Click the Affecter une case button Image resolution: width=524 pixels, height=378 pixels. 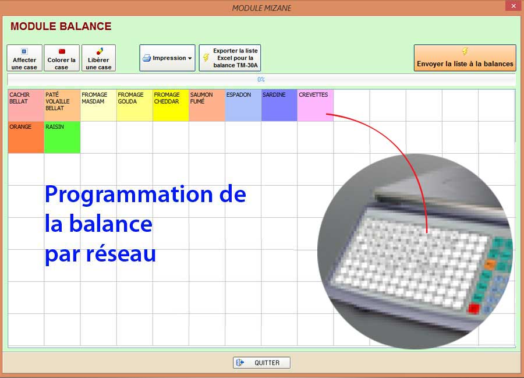pos(24,58)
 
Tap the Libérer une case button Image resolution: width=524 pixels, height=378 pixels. pos(98,58)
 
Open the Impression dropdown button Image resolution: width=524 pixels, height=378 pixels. pos(168,58)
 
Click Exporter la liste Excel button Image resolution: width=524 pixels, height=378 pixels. pos(230,58)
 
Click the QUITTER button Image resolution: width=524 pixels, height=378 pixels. pos(261,363)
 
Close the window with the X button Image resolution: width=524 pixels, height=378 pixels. pos(514,6)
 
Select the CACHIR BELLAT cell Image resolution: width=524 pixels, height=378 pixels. pos(26,105)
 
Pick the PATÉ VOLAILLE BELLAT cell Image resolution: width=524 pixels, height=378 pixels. pos(62,105)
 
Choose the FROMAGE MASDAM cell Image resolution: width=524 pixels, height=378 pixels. pos(98,105)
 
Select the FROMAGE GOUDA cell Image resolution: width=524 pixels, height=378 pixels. pos(134,105)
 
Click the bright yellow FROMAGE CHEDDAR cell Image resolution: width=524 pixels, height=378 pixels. pos(171,105)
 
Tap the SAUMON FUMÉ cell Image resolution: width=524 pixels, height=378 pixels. pos(207,105)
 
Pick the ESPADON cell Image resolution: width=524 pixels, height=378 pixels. pos(243,105)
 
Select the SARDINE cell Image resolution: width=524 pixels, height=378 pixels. pos(279,105)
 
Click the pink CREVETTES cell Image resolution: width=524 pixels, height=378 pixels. pos(315,105)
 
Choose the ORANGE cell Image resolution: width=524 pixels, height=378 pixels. pos(26,137)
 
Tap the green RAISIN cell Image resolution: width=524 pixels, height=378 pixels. pos(62,137)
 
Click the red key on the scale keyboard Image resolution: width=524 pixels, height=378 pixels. pos(474,308)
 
